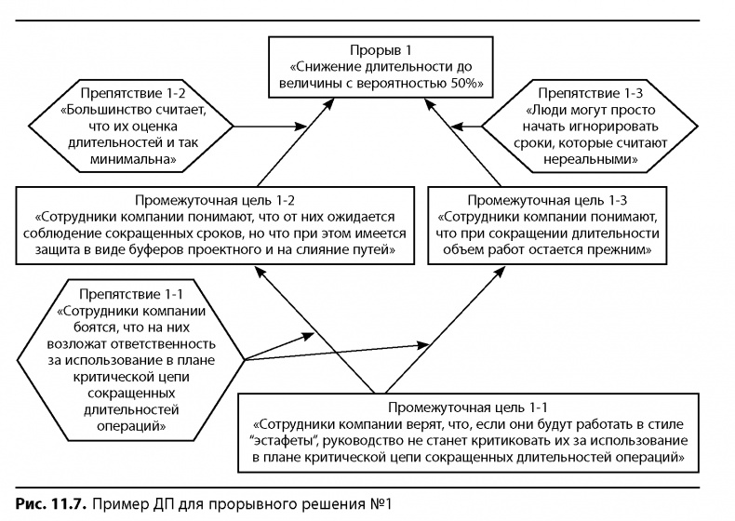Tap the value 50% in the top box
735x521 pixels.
(460, 83)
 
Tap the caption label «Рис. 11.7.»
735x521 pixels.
(40, 503)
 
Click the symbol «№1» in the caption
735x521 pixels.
(382, 503)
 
